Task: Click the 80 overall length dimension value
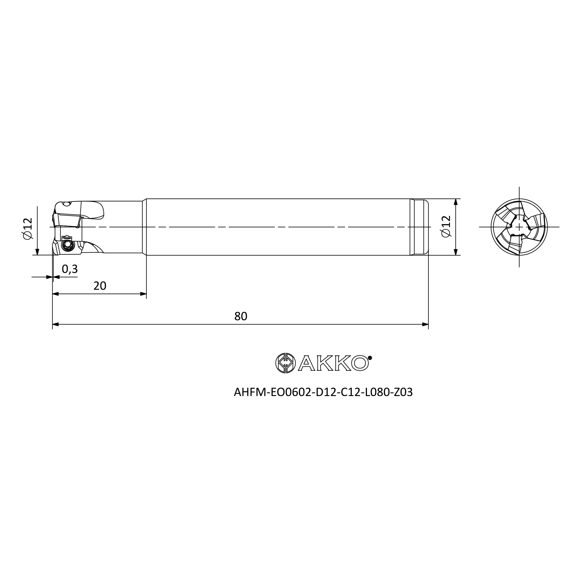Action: [241, 316]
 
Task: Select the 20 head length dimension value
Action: [100, 285]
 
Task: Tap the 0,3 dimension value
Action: [70, 269]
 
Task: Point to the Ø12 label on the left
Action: [27, 229]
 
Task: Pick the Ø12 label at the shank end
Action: [446, 226]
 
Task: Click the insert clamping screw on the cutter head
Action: [67, 246]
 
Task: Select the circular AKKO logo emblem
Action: [285, 363]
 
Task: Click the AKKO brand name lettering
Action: [335, 363]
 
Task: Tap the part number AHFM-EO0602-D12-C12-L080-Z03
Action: [323, 392]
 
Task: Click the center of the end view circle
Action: [519, 227]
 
